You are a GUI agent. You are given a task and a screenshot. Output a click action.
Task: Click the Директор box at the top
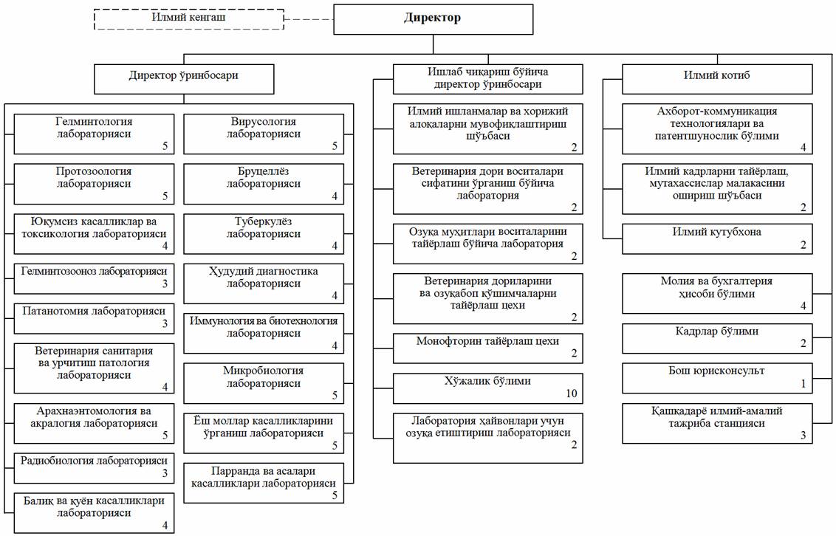[x=433, y=19]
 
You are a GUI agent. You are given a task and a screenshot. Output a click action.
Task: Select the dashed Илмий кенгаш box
[x=189, y=19]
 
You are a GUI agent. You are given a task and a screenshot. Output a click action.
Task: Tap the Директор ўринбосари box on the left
[x=184, y=80]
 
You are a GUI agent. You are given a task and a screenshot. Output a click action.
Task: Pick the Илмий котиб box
[x=717, y=80]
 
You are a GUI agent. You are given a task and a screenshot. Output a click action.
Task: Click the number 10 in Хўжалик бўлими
[x=571, y=394]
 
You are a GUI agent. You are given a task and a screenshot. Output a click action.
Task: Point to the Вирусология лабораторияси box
[x=264, y=134]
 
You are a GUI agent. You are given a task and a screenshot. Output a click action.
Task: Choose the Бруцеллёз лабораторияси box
[x=264, y=184]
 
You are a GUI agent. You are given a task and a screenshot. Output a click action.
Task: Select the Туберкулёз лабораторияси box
[x=264, y=234]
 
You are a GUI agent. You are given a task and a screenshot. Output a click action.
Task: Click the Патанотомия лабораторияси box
[x=94, y=319]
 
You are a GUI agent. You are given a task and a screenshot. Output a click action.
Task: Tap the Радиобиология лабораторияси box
[x=94, y=468]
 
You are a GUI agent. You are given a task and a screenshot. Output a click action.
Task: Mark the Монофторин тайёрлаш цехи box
[x=488, y=348]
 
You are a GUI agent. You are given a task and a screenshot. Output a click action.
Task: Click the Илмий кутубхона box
[x=717, y=238]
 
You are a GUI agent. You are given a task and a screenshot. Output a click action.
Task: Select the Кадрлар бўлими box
[x=717, y=338]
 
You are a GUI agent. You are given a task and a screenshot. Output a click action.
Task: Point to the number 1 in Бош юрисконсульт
[x=804, y=384]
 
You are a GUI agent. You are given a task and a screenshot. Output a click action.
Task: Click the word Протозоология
[x=94, y=171]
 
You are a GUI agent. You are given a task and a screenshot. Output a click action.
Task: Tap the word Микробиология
[x=264, y=371]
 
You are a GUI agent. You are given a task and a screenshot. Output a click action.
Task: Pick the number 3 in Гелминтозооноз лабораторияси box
[x=165, y=284]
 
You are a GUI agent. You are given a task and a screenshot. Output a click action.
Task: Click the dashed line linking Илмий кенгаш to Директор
[x=309, y=19]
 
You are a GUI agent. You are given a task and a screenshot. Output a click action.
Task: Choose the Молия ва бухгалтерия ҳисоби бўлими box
[x=717, y=294]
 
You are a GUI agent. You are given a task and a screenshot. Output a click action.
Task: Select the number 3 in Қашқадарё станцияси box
[x=804, y=436]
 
